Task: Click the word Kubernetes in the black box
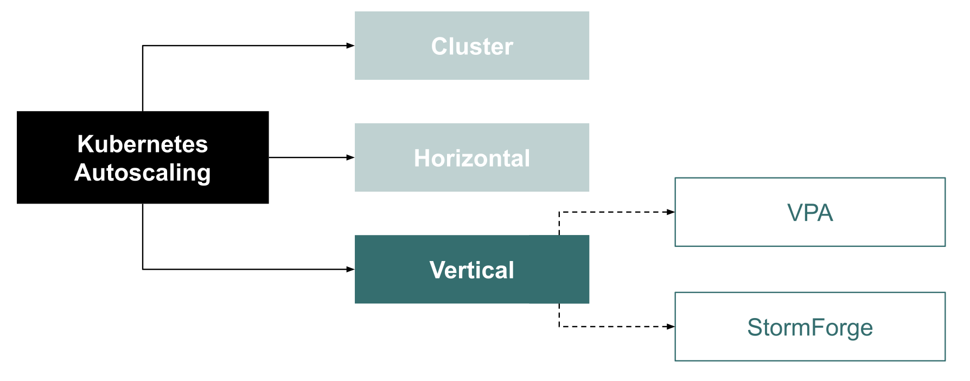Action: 143,144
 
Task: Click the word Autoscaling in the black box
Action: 143,173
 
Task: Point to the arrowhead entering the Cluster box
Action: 350,46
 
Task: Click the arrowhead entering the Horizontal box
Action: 350,157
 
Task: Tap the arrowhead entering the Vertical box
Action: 350,269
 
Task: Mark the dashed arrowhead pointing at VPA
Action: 671,212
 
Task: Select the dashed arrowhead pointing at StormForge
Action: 671,327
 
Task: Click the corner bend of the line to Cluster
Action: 143,46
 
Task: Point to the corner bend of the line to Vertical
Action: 143,269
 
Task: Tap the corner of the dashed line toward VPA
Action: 559,212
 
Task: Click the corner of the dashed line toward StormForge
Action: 559,327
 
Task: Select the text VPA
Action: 810,213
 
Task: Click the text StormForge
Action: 810,328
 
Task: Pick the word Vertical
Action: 471,270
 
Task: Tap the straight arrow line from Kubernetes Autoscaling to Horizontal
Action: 309,157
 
